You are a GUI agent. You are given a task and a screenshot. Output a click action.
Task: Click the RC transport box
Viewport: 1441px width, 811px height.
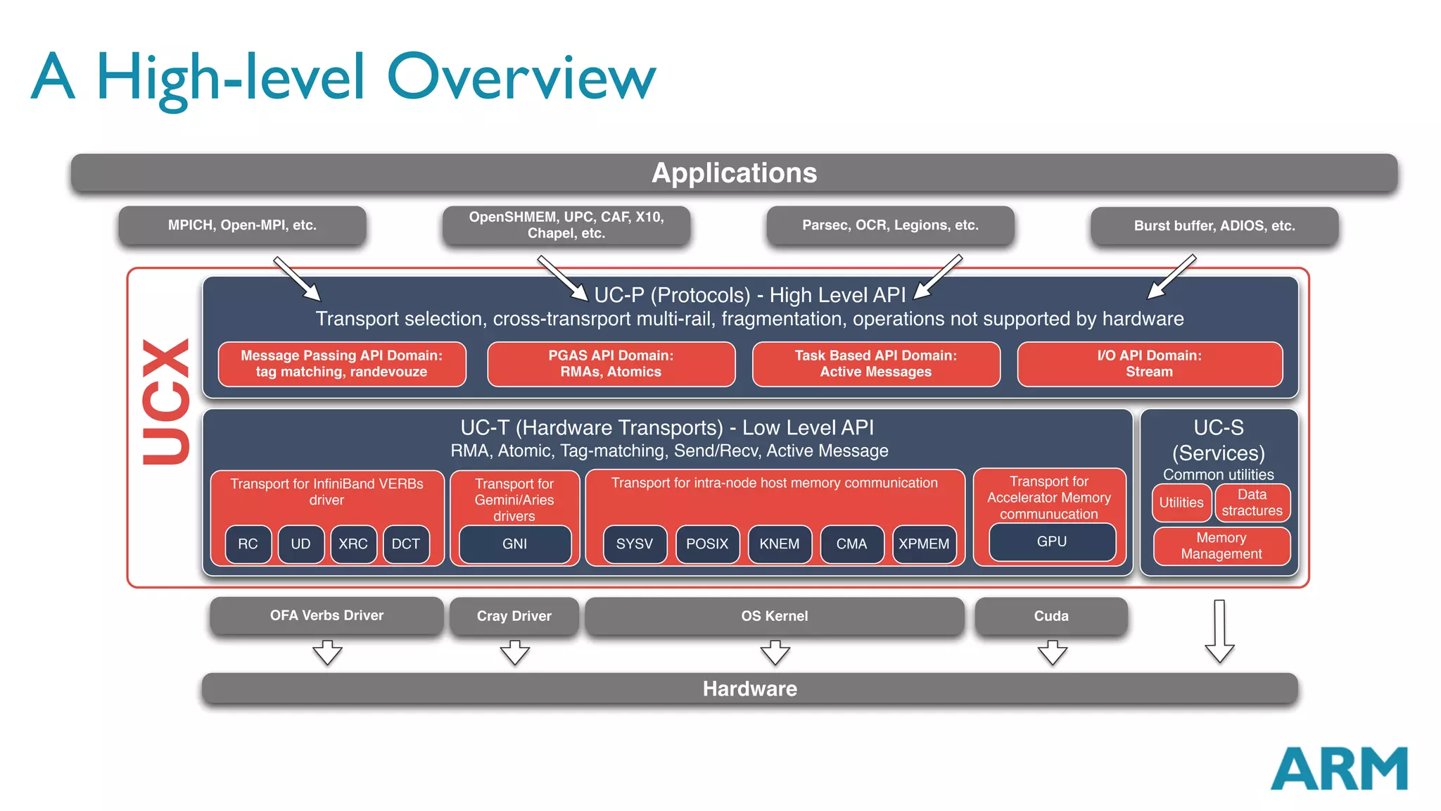click(x=248, y=543)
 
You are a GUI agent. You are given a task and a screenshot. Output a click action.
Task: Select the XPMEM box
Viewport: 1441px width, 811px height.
click(x=924, y=543)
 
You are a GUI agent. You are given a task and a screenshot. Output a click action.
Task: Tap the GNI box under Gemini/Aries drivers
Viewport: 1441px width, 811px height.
click(x=514, y=543)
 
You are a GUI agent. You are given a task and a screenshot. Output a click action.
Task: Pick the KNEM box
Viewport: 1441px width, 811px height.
click(x=779, y=543)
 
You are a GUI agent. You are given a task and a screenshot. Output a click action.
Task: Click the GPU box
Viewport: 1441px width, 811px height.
click(x=1051, y=541)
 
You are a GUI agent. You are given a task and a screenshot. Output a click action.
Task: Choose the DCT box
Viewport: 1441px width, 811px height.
click(x=405, y=543)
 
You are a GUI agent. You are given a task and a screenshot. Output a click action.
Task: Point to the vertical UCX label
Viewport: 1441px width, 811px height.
click(x=165, y=401)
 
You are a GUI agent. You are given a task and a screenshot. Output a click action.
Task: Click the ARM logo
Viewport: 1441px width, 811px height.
click(x=1338, y=769)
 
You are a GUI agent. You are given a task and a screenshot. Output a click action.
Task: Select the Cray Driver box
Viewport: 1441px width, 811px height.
click(x=514, y=616)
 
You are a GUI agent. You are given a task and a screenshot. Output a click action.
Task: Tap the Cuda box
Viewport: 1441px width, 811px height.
click(x=1050, y=616)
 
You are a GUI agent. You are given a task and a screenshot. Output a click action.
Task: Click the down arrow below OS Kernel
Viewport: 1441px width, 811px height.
click(x=775, y=653)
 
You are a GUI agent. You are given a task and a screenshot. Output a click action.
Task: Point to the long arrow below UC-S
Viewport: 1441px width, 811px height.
click(x=1219, y=631)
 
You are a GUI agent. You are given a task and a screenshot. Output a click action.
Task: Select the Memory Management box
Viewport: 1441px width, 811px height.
click(x=1221, y=546)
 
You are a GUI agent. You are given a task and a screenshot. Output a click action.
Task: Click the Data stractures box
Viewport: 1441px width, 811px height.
click(x=1252, y=503)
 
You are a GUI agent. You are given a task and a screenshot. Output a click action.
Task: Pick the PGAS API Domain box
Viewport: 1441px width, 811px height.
click(x=611, y=364)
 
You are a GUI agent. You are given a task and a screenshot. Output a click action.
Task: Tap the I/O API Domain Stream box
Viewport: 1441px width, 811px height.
click(x=1149, y=364)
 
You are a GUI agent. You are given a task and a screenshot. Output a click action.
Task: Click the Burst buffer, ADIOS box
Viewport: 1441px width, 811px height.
click(x=1214, y=226)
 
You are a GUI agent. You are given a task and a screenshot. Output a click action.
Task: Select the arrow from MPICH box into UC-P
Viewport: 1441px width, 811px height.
click(x=297, y=279)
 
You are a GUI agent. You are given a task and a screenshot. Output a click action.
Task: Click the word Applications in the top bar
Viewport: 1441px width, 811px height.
click(x=734, y=173)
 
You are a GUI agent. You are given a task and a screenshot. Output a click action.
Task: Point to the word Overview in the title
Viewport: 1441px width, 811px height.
click(x=521, y=77)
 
